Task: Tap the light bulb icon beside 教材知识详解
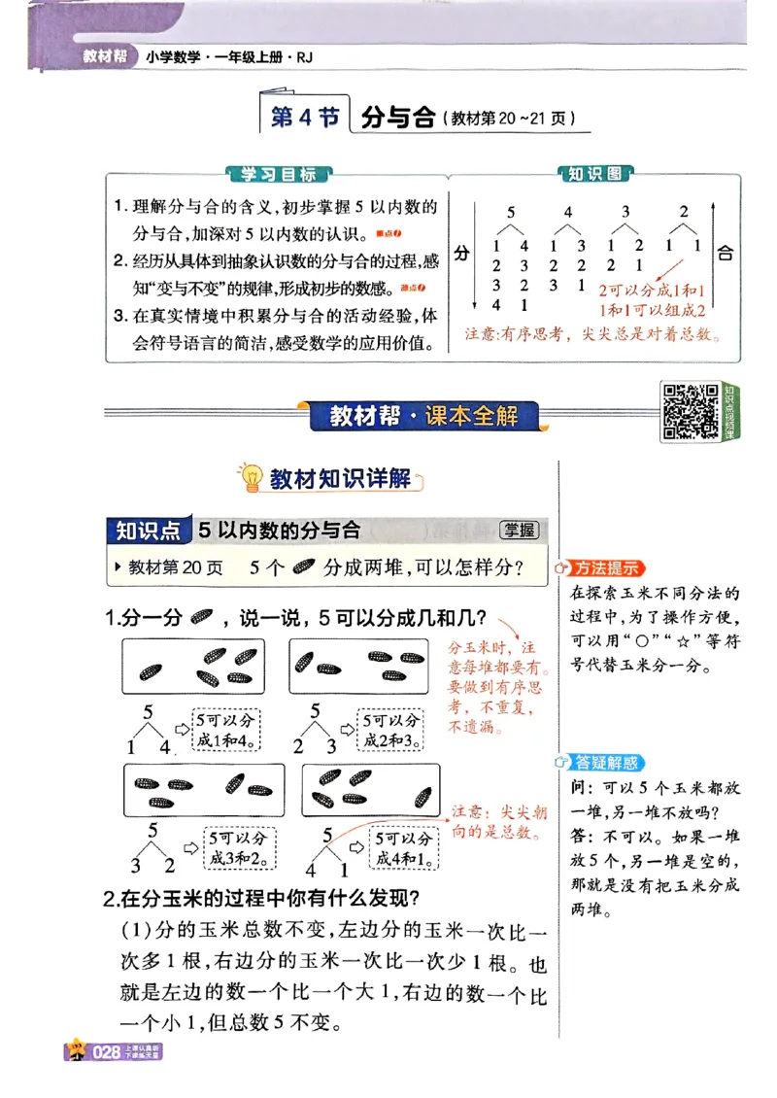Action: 252,477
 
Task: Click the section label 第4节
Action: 304,119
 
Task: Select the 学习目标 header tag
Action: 278,175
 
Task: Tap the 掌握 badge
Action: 519,530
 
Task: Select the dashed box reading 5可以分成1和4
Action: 226,731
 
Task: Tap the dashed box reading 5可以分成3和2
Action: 239,848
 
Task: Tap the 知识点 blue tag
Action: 148,531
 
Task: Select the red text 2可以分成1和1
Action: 652,291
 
